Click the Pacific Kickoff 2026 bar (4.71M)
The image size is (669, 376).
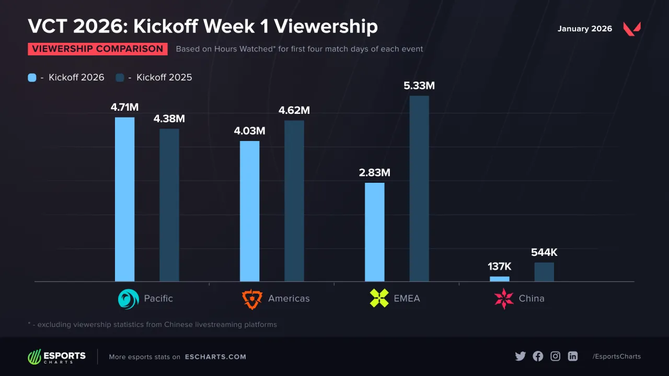click(x=124, y=199)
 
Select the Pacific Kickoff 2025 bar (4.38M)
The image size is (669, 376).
click(x=169, y=205)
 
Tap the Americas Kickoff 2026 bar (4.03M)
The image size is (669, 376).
click(x=249, y=211)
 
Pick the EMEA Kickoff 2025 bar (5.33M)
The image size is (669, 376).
click(x=419, y=189)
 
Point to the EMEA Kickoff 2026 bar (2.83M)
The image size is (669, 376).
click(x=374, y=232)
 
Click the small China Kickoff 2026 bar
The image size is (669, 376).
click(x=499, y=279)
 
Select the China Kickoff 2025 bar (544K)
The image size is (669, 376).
click(x=544, y=272)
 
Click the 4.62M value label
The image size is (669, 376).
click(x=294, y=110)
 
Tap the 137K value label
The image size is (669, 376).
click(x=499, y=266)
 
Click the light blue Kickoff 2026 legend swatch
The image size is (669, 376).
click(x=32, y=77)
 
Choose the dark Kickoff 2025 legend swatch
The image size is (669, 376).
click(x=120, y=77)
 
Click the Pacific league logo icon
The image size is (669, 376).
click(x=128, y=299)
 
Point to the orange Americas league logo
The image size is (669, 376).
click(x=252, y=299)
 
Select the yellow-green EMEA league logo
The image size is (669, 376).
click(x=379, y=299)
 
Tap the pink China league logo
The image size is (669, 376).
click(x=504, y=299)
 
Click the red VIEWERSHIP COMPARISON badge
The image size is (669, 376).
click(x=98, y=49)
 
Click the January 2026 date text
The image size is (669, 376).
click(x=584, y=29)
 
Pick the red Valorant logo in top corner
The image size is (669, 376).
click(x=631, y=29)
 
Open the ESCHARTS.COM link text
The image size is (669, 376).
click(x=215, y=357)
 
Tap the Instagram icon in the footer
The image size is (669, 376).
click(x=555, y=356)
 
